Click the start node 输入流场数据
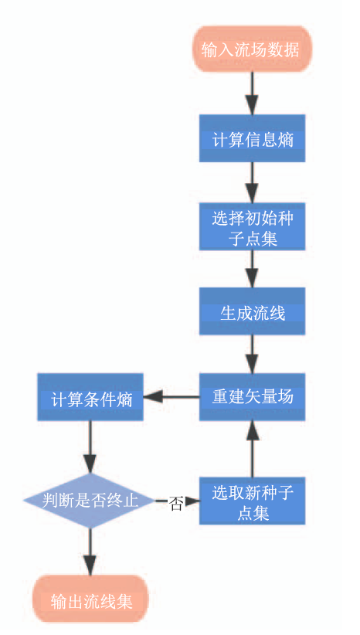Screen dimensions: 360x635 [252, 49]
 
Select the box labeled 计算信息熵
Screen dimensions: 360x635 [252, 138]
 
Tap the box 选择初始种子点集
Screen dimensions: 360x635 [252, 227]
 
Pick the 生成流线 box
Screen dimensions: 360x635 [252, 311]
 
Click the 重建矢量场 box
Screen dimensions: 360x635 [252, 397]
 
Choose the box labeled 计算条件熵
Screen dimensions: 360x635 [90, 397]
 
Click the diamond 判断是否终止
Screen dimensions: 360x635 [90, 501]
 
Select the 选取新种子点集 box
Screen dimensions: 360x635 [252, 501]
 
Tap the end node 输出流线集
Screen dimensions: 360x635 [90, 599]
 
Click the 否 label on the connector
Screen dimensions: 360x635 [175, 504]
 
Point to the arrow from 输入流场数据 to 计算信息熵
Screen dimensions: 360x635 [252, 93]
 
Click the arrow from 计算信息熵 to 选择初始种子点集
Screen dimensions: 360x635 [252, 182]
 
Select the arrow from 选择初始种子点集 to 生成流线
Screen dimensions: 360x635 [252, 269]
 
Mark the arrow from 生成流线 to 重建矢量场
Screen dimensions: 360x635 [252, 354]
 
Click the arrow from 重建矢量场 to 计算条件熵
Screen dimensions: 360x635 [172, 397]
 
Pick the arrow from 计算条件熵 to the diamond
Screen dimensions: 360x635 [90, 447]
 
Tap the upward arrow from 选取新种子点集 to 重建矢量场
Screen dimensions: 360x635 [252, 449]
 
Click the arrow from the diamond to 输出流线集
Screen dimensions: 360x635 [90, 552]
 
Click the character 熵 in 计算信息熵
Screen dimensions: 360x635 [286, 139]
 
